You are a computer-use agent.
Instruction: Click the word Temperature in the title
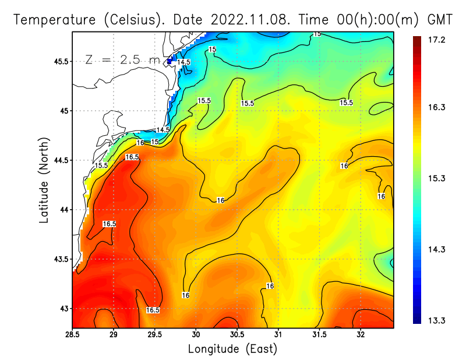[x=54, y=19]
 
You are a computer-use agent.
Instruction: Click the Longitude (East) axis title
[x=232, y=349]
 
